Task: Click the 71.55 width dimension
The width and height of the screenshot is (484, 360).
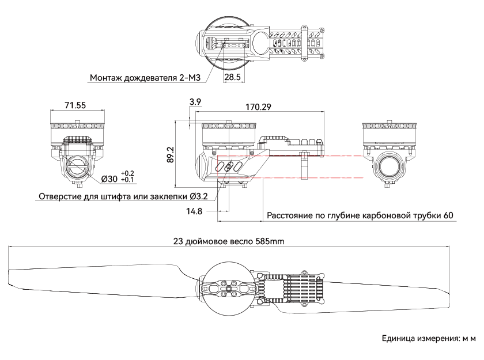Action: point(75,105)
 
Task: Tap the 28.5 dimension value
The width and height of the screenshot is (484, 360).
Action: point(232,77)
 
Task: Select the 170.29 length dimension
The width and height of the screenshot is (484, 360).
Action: point(258,107)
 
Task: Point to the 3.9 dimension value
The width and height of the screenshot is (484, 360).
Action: point(195,101)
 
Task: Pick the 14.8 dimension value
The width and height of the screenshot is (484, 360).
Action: point(194,211)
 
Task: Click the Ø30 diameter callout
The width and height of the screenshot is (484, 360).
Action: point(109,179)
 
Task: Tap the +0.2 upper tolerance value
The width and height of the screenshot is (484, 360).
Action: point(127,173)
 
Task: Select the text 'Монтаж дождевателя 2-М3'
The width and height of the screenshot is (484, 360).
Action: point(145,77)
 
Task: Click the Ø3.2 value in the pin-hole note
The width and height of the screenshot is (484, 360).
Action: point(199,196)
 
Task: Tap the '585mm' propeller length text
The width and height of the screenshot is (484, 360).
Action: point(270,241)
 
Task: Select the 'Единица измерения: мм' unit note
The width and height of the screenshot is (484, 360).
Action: point(429,339)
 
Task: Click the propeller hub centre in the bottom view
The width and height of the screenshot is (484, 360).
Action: point(228,289)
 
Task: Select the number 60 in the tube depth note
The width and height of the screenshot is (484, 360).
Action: point(448,215)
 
